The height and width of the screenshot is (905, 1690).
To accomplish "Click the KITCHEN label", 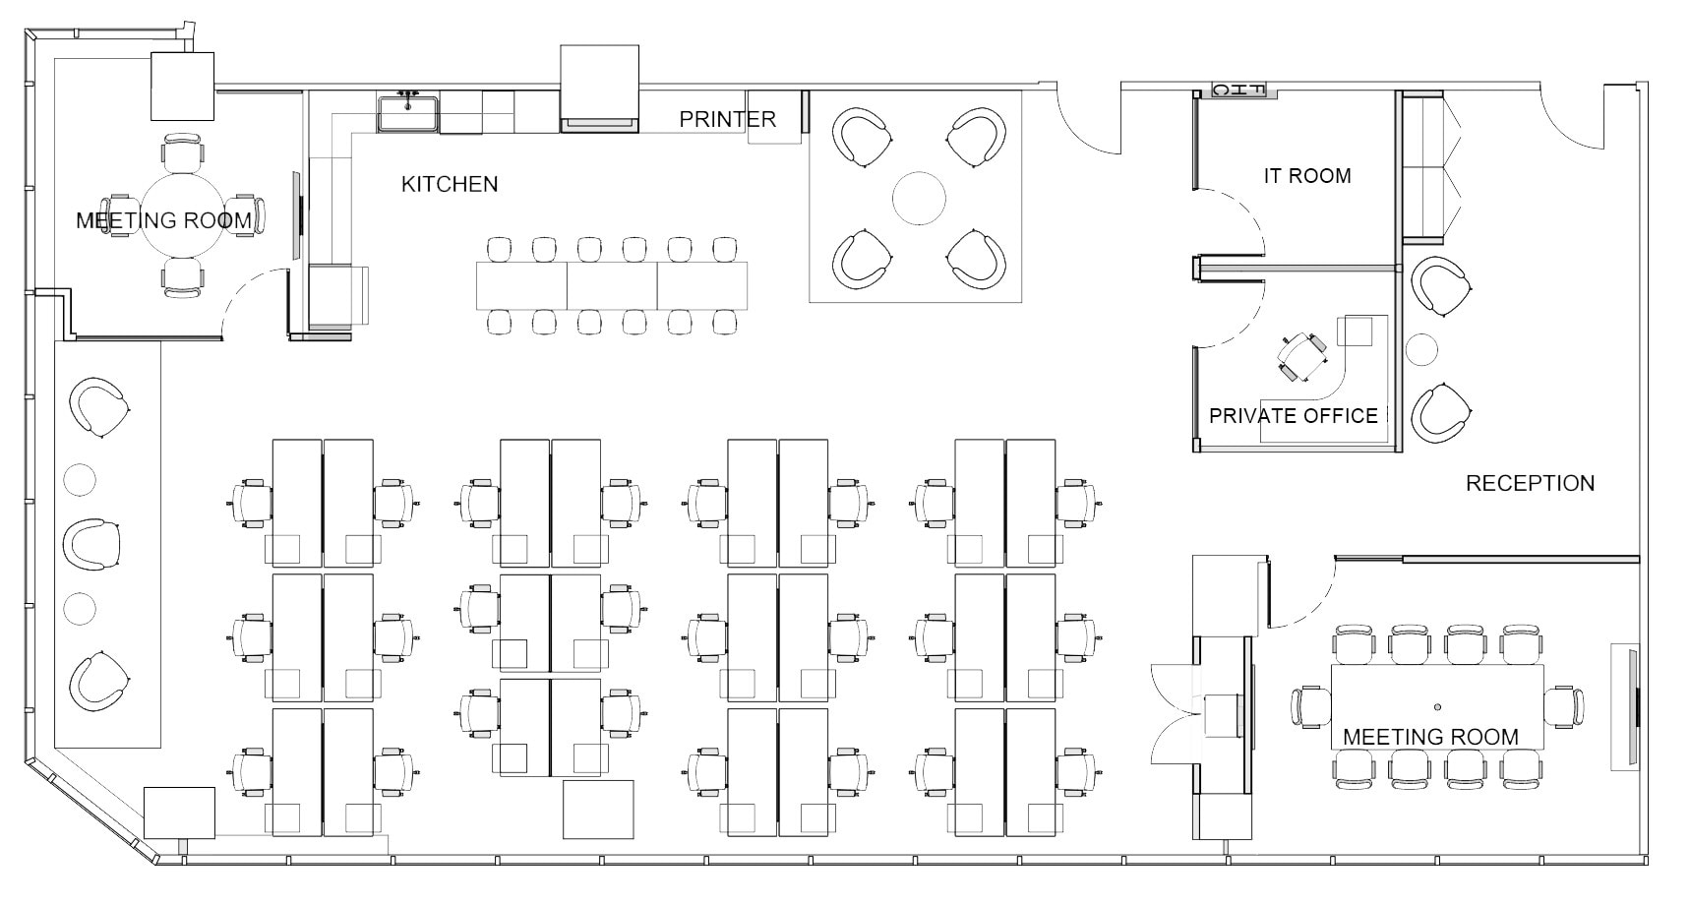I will click(x=450, y=184).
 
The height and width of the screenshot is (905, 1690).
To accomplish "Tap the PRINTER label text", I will click(x=727, y=119).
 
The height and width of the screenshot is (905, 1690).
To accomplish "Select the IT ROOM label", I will click(x=1306, y=176).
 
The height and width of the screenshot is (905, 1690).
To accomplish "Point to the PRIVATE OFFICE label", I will click(x=1293, y=415).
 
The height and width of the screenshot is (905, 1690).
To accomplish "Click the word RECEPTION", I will click(x=1530, y=483).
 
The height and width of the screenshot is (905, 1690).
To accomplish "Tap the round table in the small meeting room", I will click(x=182, y=218).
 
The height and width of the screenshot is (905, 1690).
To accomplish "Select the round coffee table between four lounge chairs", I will click(x=919, y=198).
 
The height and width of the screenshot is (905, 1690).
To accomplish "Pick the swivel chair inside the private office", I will click(x=1301, y=356).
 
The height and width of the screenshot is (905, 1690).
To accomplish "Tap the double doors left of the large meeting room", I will click(x=1176, y=712).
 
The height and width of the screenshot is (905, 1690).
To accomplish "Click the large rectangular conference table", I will click(x=1436, y=706).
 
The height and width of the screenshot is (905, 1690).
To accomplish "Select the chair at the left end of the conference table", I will click(x=1310, y=706).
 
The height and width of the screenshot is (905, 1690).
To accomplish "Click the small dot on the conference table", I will click(x=1437, y=706).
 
